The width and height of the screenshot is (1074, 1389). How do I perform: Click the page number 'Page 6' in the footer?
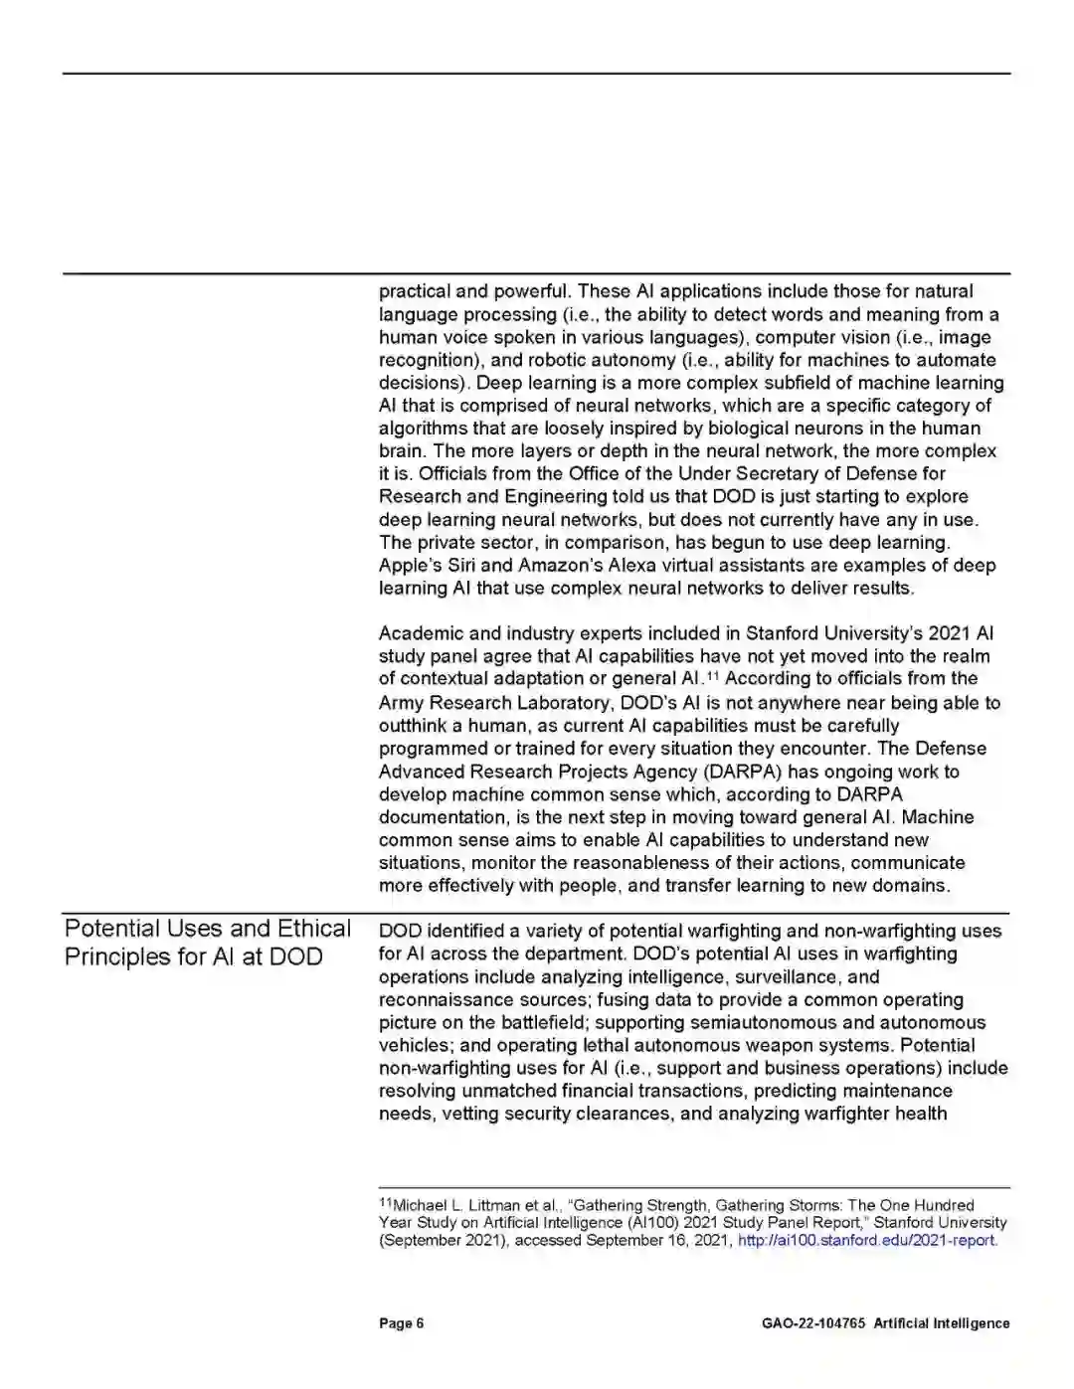pos(401,1323)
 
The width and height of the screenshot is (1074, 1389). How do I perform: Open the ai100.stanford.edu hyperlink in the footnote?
pos(866,1241)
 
